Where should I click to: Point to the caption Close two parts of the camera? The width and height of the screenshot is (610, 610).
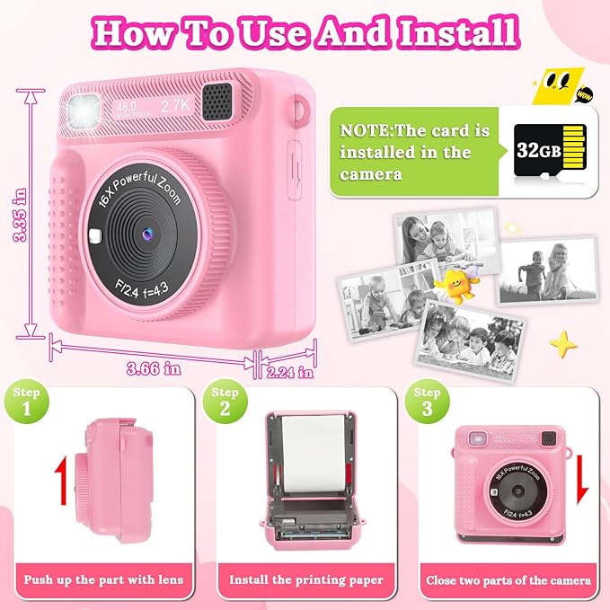pyautogui.click(x=507, y=580)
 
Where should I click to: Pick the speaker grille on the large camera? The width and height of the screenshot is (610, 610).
pyautogui.click(x=217, y=102)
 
